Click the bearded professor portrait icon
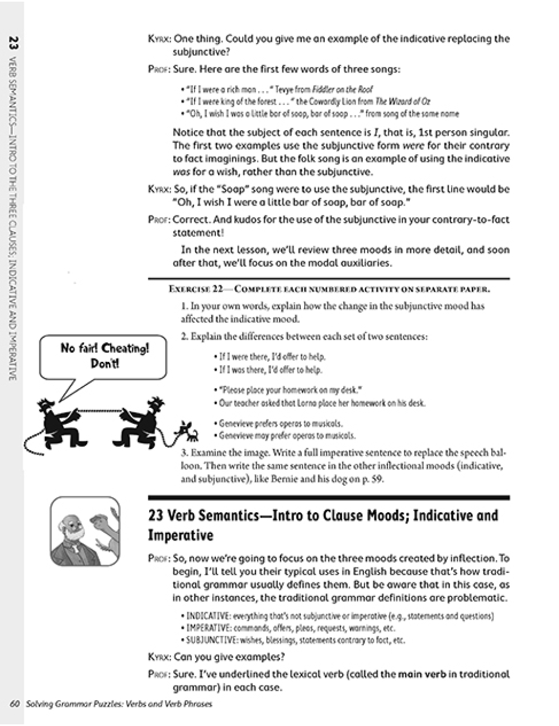coord(84,531)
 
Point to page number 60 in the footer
coord(15,704)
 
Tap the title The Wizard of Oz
coord(402,102)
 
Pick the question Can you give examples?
coord(229,657)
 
